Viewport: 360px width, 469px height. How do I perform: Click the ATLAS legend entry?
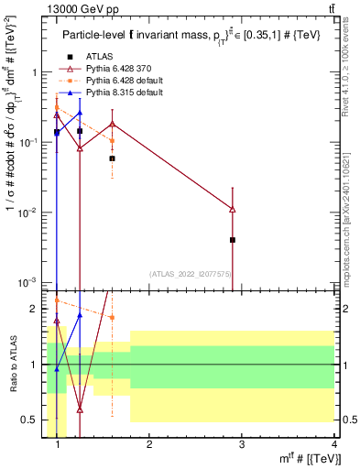[98, 58]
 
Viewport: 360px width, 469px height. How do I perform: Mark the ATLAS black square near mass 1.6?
[112, 158]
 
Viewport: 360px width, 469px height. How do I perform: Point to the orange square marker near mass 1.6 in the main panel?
[112, 141]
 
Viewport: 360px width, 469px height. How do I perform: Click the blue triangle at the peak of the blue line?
[80, 114]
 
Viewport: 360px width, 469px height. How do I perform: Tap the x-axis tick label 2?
[149, 446]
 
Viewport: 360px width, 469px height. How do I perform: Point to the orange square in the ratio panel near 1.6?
[112, 318]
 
